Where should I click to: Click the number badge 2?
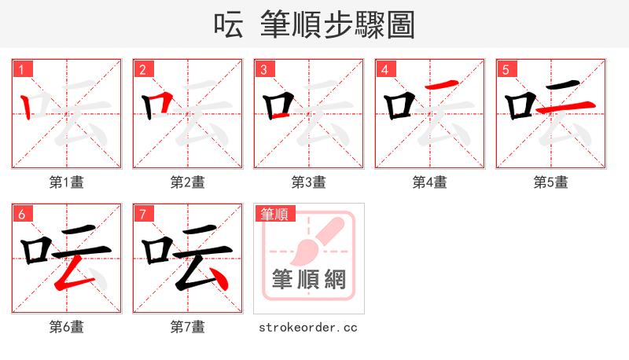point(143,69)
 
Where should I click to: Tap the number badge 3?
point(264,69)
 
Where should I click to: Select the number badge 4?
point(385,69)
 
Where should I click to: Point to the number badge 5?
point(506,69)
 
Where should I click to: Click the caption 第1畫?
point(67,182)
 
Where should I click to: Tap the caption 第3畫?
point(309,182)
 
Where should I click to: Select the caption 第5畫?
point(551,182)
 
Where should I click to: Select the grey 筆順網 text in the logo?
point(309,280)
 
